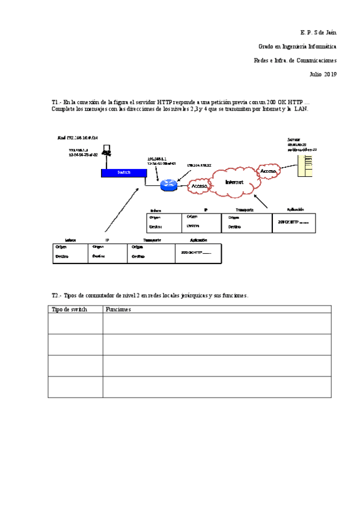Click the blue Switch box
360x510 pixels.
pos(124,172)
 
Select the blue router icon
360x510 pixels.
pos(169,184)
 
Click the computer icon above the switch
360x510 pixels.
pos(106,150)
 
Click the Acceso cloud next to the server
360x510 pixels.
pos(269,171)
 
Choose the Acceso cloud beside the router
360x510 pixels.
pos(199,186)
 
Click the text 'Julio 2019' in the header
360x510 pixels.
pos(323,74)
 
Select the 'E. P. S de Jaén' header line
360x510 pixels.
pos(318,31)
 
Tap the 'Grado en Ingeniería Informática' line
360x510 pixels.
pos(297,46)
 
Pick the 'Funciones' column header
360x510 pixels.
pos(118,309)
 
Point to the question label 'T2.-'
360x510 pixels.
pos(56,296)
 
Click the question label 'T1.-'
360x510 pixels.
pos(56,103)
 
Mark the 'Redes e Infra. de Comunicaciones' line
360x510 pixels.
pos(295,60)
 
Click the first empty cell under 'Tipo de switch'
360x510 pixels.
pos(75,323)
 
